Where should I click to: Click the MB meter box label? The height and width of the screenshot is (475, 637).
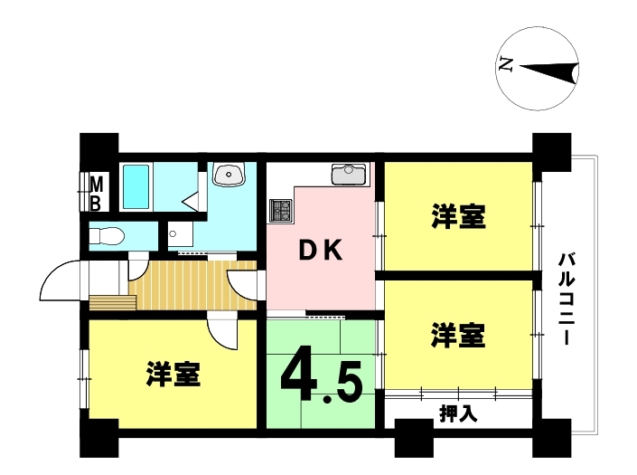click(96, 194)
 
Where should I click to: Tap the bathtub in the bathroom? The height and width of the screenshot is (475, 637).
click(136, 186)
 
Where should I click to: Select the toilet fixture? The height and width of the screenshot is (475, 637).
click(106, 236)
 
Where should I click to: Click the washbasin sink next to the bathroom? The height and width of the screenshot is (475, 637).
click(230, 174)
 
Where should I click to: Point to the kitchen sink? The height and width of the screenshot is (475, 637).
click(349, 174)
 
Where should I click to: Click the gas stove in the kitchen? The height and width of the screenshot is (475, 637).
click(280, 210)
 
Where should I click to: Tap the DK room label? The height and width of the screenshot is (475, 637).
click(320, 251)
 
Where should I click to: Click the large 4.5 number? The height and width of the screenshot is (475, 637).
click(321, 375)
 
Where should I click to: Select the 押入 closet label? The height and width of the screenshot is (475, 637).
click(458, 414)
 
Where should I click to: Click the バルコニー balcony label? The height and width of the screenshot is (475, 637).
click(567, 299)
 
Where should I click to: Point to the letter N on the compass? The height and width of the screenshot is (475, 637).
click(505, 65)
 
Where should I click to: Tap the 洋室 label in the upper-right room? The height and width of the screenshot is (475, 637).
click(458, 216)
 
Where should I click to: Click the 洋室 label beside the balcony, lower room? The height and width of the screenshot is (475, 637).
click(458, 335)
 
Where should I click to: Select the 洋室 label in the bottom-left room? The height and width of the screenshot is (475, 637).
click(173, 374)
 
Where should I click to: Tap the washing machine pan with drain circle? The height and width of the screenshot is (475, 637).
click(181, 234)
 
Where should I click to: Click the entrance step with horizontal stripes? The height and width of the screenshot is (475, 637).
click(113, 302)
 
